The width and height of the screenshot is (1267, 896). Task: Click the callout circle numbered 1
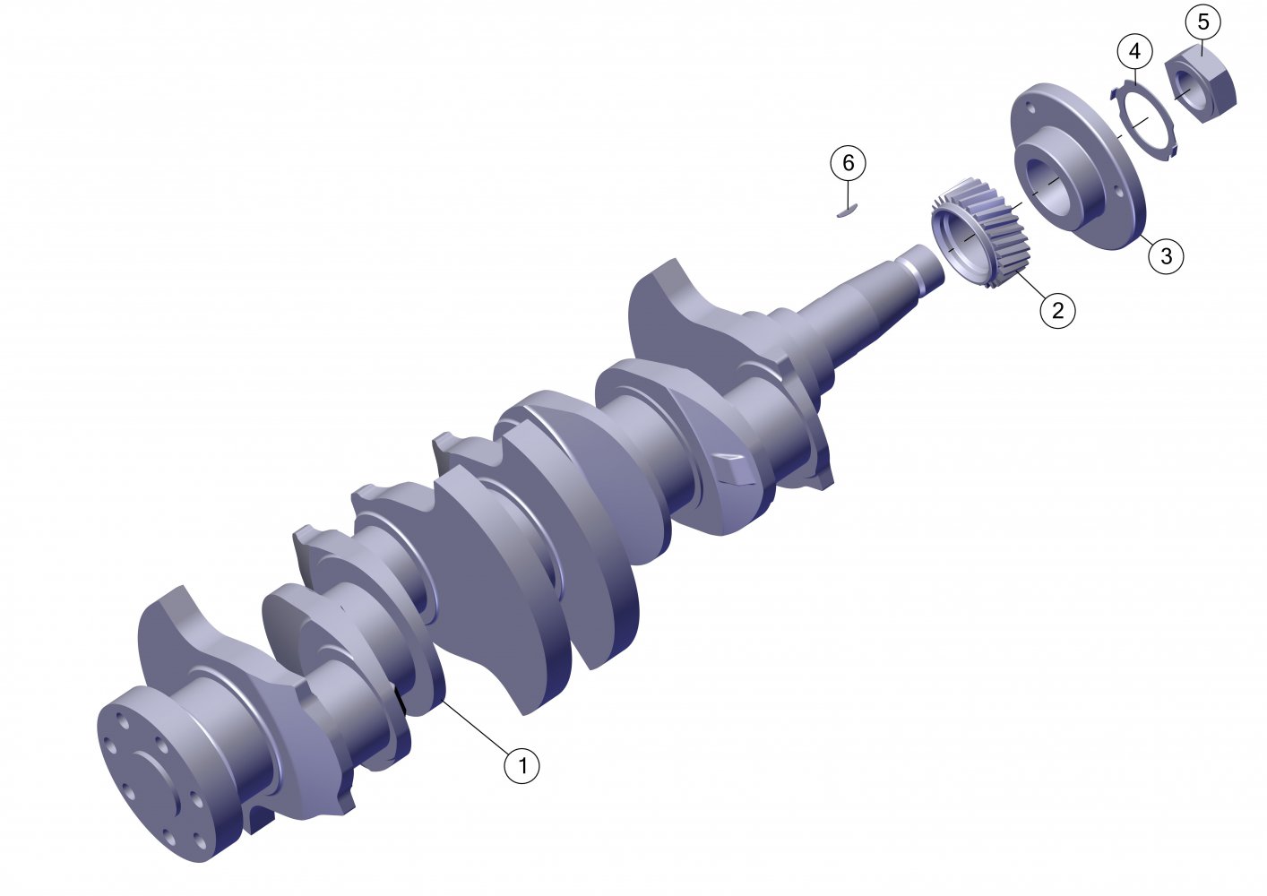point(521,766)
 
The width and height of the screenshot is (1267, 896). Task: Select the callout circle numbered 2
point(1057,310)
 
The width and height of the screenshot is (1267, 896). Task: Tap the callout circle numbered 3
point(1166,256)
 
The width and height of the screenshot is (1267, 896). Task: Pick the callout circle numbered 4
point(1134,51)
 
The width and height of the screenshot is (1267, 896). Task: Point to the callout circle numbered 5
point(1203,22)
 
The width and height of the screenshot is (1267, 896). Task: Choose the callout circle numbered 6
point(848,163)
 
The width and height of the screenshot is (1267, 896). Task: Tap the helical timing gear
point(981,232)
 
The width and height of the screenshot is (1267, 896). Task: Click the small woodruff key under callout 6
point(848,211)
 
